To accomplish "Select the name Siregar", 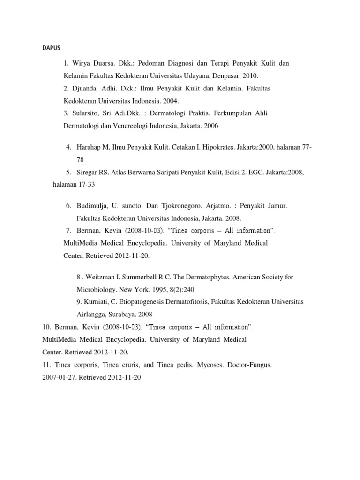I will [x=89, y=172].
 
